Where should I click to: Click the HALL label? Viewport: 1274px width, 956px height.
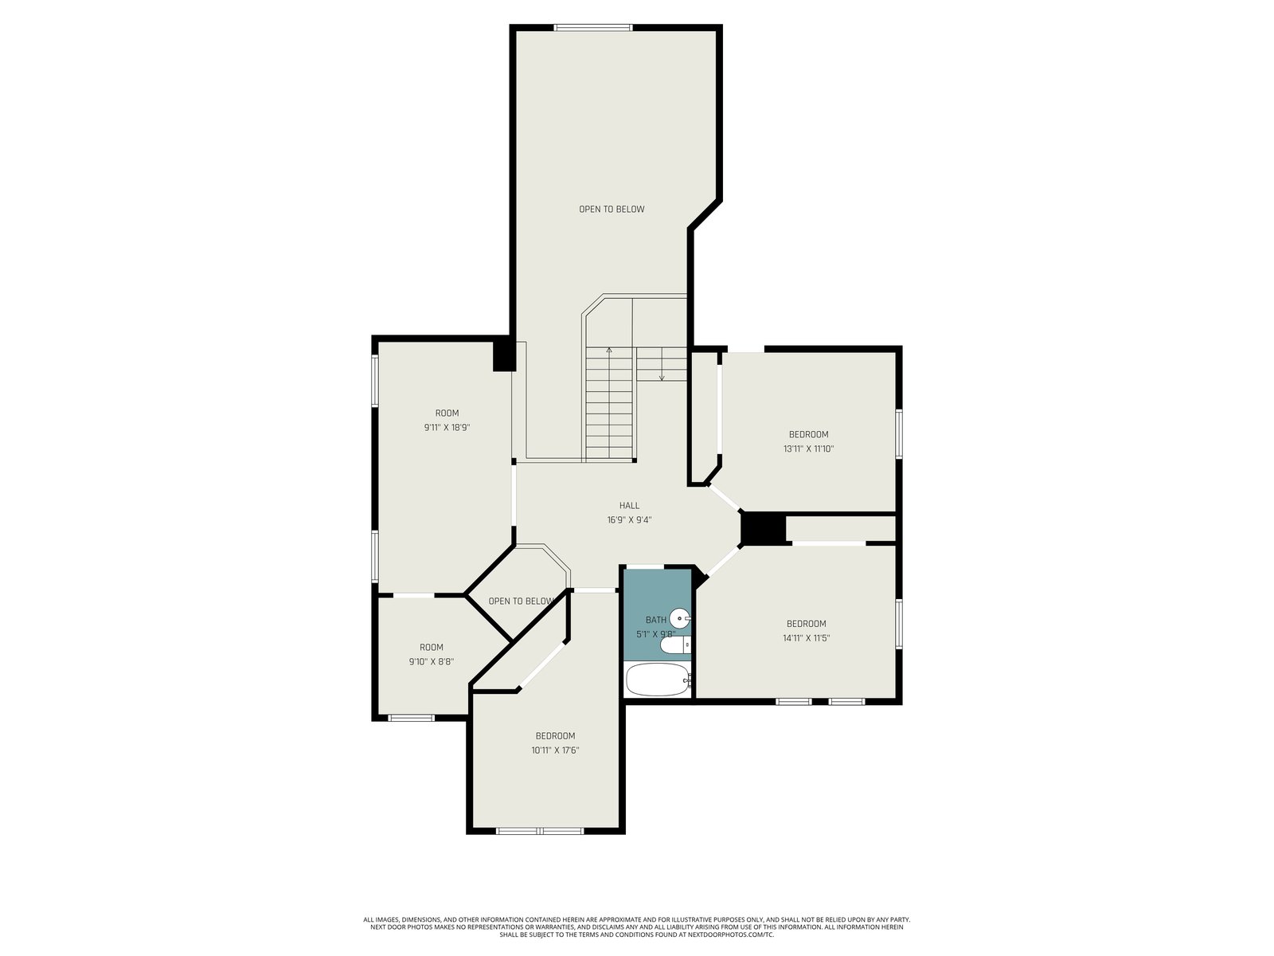[x=629, y=506]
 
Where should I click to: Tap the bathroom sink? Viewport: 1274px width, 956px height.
[x=680, y=619]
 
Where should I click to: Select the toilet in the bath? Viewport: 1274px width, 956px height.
[x=675, y=645]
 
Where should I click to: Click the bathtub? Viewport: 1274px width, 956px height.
[x=658, y=680]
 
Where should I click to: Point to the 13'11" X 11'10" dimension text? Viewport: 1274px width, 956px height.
[x=808, y=449]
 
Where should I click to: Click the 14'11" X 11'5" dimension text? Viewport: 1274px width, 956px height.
[x=806, y=638]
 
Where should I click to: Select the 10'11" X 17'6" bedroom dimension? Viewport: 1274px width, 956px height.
[x=556, y=750]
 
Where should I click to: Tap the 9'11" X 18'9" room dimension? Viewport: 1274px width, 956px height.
[x=447, y=428]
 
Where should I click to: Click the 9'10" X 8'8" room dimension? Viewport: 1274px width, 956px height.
[x=432, y=662]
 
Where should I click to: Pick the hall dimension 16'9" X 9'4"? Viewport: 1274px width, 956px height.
[x=629, y=520]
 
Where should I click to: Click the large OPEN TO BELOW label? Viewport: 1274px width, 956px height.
[x=612, y=209]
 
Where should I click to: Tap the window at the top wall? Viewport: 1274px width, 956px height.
[x=592, y=27]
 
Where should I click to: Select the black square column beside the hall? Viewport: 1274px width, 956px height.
[x=764, y=529]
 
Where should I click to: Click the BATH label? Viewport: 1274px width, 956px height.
[x=656, y=620]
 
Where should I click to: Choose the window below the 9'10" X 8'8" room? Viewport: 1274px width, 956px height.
[x=411, y=718]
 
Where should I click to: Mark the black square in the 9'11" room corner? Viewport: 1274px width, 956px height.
[x=503, y=356]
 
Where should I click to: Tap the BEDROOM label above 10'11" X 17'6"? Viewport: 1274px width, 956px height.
[x=556, y=736]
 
